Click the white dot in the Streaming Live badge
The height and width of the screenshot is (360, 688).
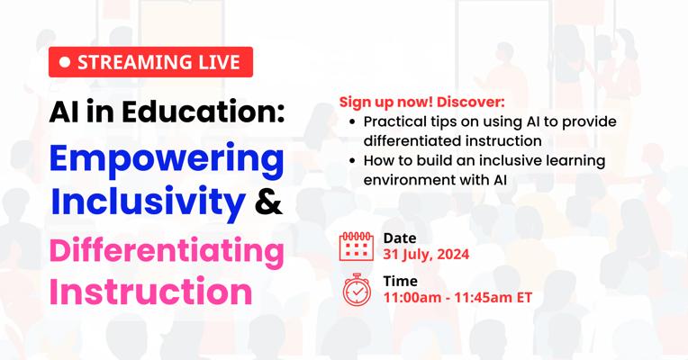coord(65,62)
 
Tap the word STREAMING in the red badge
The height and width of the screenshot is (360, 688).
coord(125,62)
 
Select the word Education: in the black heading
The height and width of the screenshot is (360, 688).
coord(204,112)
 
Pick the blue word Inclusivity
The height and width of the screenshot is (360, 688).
coord(148,201)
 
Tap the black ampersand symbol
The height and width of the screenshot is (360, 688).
coord(269,201)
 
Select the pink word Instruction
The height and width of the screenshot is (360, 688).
coord(150,292)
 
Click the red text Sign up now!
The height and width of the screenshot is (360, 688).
coord(386,103)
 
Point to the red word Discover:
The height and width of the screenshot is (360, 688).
coord(471,103)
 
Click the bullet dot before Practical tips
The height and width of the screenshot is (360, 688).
coord(352,122)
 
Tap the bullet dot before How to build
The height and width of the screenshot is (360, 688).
coord(352,161)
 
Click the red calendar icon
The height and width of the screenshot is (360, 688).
coord(357,247)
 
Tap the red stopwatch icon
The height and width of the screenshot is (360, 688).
coord(357,290)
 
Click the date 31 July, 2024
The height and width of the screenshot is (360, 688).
coord(426,255)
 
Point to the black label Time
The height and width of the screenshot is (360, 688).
coord(400,281)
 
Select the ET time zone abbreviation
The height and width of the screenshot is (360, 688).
coord(524,297)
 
